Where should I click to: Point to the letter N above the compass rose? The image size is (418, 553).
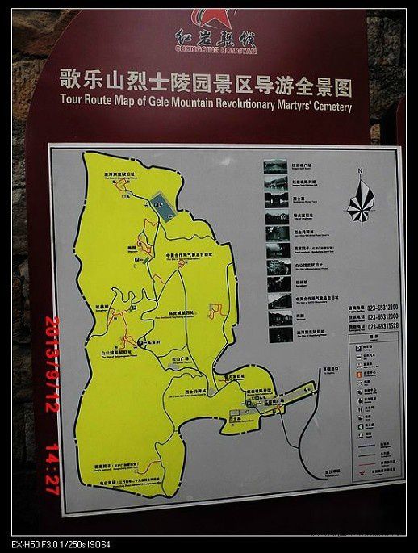click(361, 171)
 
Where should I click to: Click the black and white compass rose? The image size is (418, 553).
click(360, 200)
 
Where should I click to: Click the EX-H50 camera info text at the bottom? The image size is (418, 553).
click(60, 545)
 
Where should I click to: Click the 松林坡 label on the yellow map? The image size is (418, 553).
click(102, 307)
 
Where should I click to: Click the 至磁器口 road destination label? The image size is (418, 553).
click(324, 373)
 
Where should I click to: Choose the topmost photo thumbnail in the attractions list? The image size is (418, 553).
click(276, 167)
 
